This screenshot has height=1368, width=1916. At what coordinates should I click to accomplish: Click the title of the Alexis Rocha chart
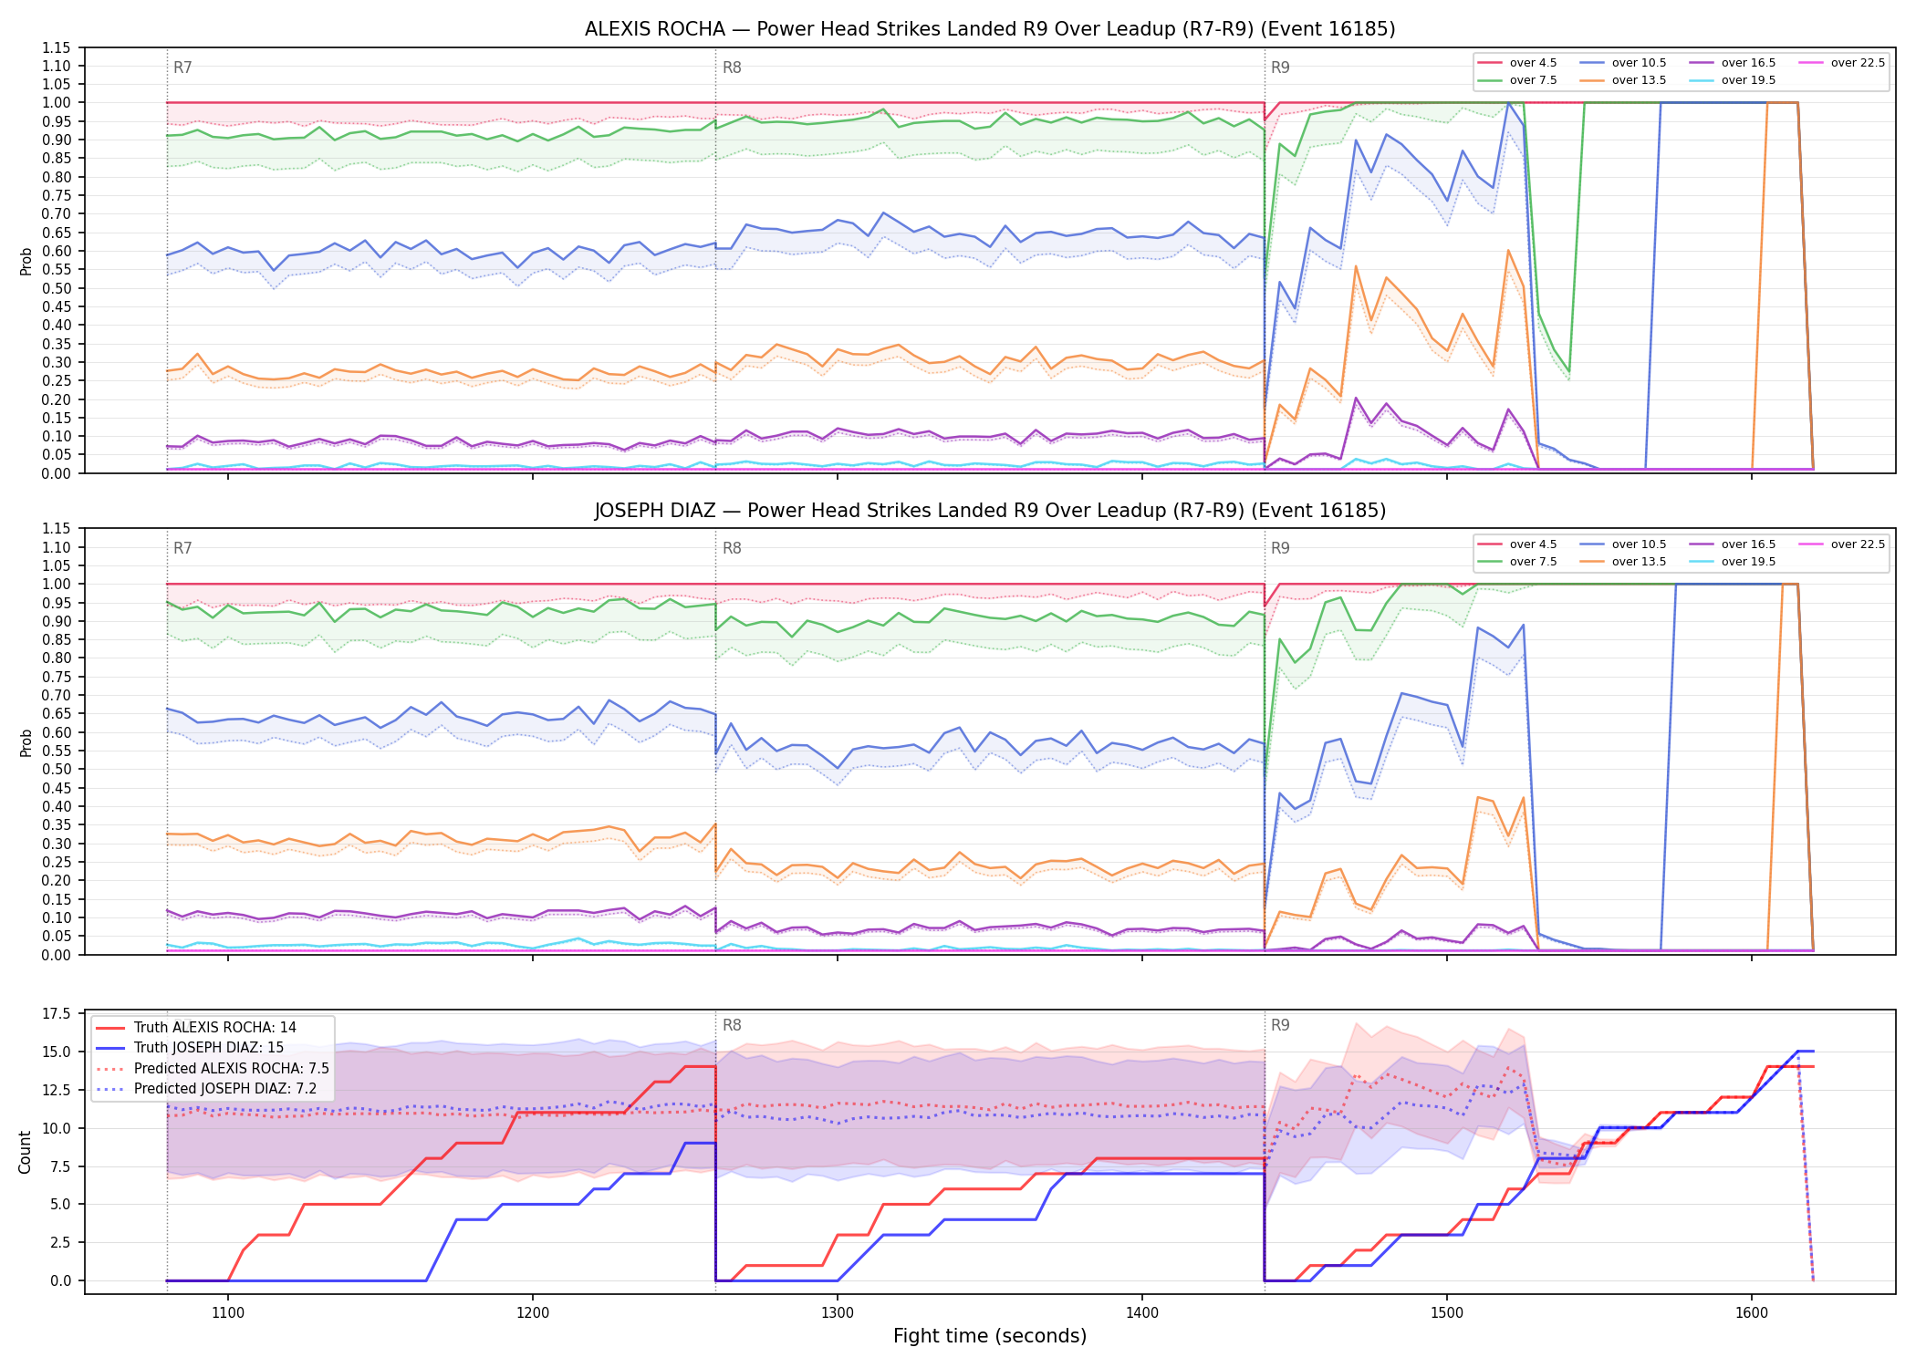(x=990, y=29)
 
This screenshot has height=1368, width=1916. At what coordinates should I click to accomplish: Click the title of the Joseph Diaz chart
(x=990, y=511)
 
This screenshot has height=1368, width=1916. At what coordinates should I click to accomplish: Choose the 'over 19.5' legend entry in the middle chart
(x=1733, y=562)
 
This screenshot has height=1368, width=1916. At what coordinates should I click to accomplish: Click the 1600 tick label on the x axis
(x=1752, y=1313)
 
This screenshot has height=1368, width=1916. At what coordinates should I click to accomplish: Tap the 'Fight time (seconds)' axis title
(x=990, y=1336)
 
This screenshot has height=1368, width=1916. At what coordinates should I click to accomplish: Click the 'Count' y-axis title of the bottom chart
(x=25, y=1152)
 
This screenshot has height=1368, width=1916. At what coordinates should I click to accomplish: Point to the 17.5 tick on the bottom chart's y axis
(x=57, y=1013)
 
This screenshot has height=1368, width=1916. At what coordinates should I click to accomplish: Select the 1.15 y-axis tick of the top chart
(x=57, y=47)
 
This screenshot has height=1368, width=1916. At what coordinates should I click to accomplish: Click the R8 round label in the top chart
(x=732, y=67)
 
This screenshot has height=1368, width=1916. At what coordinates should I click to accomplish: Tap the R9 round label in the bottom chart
(x=1280, y=1025)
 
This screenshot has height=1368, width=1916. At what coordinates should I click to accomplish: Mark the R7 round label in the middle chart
(x=182, y=548)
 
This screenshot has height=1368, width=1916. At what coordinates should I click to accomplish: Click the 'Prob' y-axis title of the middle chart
(x=26, y=742)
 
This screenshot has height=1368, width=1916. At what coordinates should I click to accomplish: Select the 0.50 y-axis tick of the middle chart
(x=57, y=769)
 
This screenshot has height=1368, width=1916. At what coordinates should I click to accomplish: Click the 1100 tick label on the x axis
(x=228, y=1313)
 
